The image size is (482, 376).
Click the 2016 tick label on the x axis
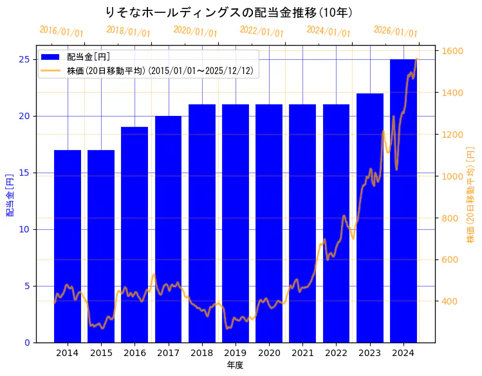[134, 353]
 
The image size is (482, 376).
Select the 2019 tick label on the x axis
[236, 353]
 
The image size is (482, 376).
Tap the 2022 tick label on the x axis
[336, 353]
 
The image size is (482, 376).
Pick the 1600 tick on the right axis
[454, 51]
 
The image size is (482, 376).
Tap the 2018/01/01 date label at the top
[128, 32]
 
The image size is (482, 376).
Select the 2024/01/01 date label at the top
[328, 32]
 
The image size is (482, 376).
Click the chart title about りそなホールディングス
[228, 12]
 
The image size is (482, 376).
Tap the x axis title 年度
[235, 365]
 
